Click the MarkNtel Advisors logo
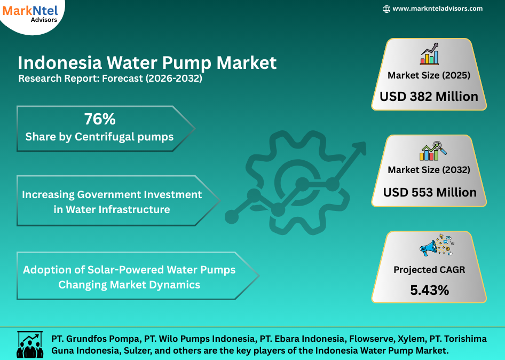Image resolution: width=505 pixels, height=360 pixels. (29, 13)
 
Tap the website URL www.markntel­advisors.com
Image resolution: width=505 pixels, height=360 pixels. (437, 9)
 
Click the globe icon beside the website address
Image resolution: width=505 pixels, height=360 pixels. (386, 9)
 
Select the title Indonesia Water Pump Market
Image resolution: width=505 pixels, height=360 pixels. (147, 63)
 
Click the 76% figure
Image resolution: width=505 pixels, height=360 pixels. (99, 119)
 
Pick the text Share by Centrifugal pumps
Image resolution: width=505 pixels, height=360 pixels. (99, 137)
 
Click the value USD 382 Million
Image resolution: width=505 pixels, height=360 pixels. (429, 97)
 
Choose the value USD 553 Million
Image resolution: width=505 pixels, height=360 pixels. (430, 192)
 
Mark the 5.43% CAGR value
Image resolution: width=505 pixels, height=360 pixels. (429, 290)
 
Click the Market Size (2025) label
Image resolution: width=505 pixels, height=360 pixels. (429, 75)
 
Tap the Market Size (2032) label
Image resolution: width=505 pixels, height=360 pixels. (429, 170)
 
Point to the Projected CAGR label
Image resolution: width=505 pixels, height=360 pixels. (429, 270)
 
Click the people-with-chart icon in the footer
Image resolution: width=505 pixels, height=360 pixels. (30, 345)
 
